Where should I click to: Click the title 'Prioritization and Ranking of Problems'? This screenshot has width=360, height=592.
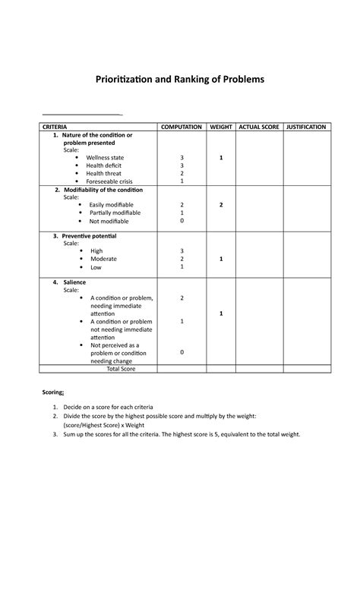click(180, 80)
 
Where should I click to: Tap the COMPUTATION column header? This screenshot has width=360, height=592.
click(181, 127)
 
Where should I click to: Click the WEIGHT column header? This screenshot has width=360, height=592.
click(221, 127)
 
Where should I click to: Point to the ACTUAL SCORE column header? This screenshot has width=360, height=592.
click(259, 127)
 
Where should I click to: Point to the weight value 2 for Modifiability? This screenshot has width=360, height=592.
click(221, 205)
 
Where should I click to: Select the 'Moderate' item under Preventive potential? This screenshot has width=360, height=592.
click(103, 259)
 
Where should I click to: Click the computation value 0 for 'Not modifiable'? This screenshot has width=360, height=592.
click(182, 222)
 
